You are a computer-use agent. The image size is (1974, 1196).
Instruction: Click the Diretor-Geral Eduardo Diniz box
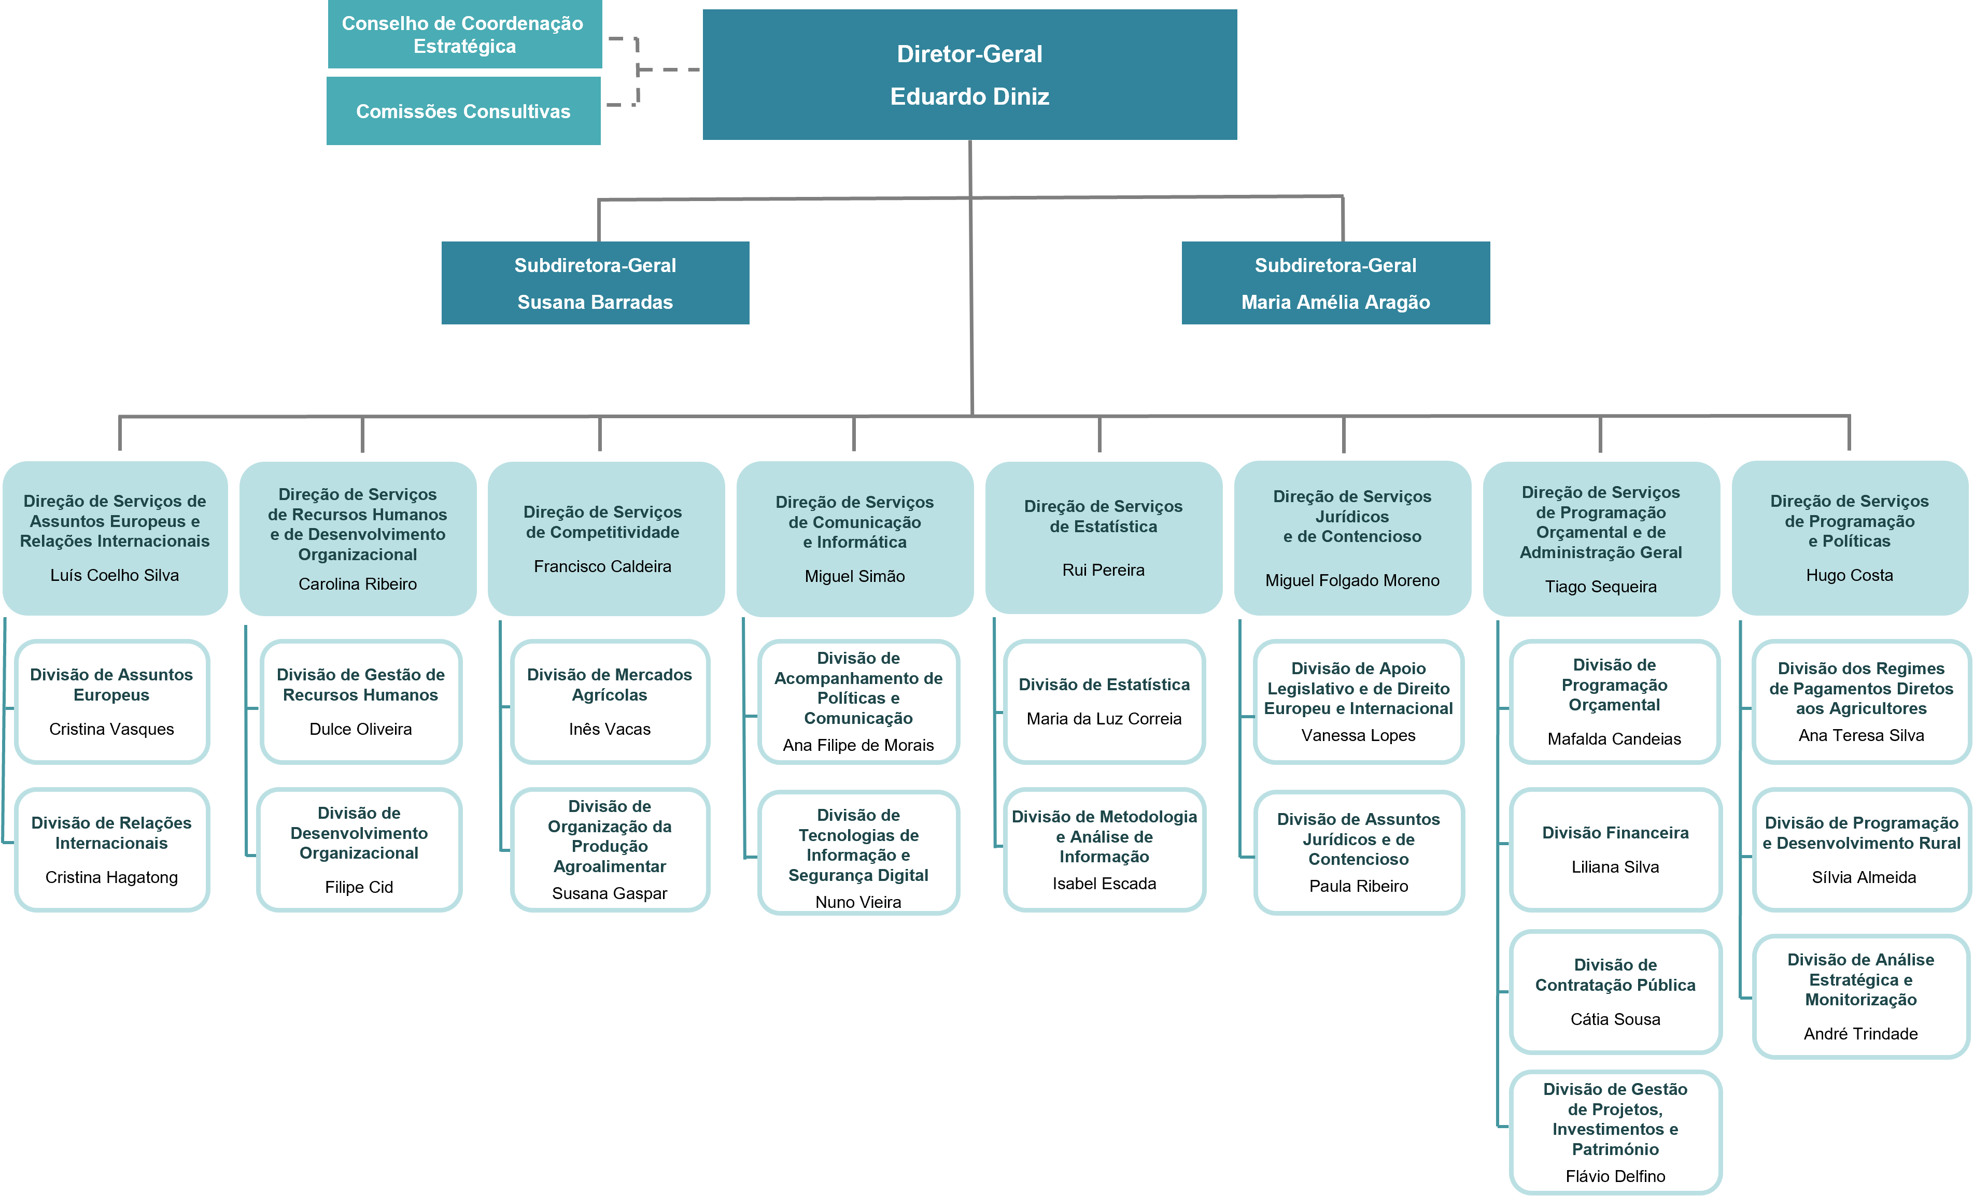pyautogui.click(x=969, y=75)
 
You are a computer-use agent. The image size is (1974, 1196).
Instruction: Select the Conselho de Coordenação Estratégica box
pyautogui.click(x=464, y=34)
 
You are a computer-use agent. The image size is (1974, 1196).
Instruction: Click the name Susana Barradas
pyautogui.click(x=595, y=302)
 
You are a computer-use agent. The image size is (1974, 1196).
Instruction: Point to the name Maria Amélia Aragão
pyautogui.click(x=1335, y=302)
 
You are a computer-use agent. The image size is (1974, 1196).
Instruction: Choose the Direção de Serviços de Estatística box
pyautogui.click(x=1103, y=537)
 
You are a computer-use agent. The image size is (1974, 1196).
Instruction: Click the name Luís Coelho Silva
pyautogui.click(x=115, y=575)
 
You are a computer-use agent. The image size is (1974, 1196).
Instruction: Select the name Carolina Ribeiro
pyautogui.click(x=357, y=584)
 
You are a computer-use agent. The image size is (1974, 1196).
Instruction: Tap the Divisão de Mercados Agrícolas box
pyautogui.click(x=610, y=701)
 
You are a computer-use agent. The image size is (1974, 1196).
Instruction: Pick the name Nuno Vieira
pyautogui.click(x=858, y=902)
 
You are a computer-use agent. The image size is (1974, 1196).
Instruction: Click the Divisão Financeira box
pyautogui.click(x=1615, y=849)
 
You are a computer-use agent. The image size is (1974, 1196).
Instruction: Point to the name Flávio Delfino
pyautogui.click(x=1615, y=1176)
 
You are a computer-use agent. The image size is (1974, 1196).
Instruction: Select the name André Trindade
pyautogui.click(x=1860, y=1033)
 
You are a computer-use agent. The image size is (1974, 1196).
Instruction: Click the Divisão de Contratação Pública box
pyautogui.click(x=1615, y=992)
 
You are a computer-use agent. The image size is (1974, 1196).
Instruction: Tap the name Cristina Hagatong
pyautogui.click(x=111, y=877)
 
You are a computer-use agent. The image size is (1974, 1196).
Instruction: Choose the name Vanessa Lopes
pyautogui.click(x=1358, y=735)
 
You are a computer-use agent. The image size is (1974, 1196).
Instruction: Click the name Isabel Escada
pyautogui.click(x=1104, y=884)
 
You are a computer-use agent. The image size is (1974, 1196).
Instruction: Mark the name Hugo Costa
pyautogui.click(x=1849, y=575)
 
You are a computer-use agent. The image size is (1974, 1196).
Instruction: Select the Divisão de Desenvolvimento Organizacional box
pyautogui.click(x=359, y=849)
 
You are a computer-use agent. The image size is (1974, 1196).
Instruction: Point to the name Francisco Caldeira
pyautogui.click(x=602, y=566)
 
